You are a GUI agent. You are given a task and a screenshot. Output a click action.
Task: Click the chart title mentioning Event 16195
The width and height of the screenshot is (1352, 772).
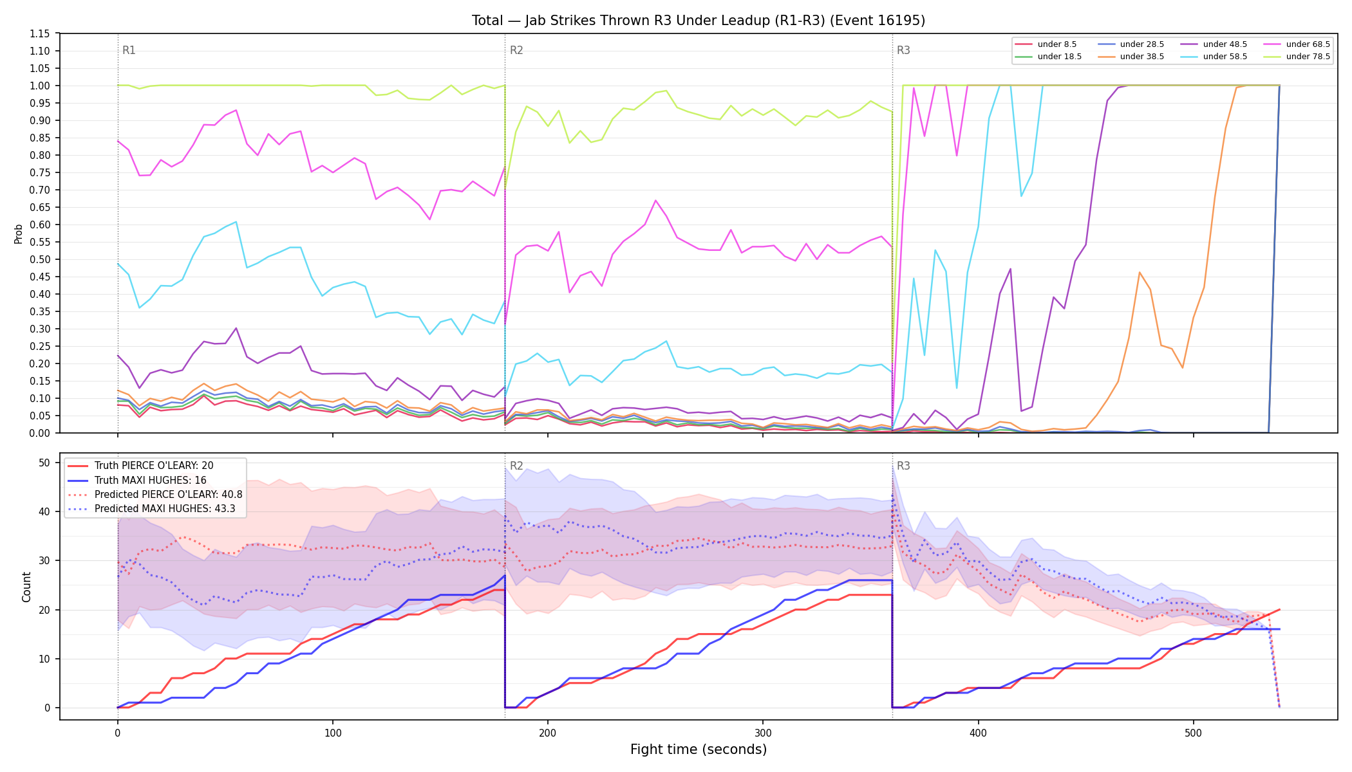699,21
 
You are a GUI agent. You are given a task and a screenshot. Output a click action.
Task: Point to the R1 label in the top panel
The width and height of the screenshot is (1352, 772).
129,50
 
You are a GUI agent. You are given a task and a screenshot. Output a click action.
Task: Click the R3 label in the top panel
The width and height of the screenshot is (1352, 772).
903,50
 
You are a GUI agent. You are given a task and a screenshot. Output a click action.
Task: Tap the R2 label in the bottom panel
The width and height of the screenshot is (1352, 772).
516,466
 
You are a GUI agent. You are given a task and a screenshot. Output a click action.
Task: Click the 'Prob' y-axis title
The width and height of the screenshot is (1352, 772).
19,234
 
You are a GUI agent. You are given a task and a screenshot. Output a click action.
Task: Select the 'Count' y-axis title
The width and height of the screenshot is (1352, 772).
26,587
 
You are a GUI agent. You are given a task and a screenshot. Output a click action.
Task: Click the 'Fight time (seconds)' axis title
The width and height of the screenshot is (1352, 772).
699,749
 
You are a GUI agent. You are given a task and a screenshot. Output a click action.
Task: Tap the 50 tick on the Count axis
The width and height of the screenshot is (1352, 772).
44,463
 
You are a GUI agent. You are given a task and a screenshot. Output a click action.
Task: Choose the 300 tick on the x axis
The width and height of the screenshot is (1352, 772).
763,733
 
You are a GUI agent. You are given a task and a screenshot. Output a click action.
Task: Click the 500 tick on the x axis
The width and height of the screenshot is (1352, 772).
1193,733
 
